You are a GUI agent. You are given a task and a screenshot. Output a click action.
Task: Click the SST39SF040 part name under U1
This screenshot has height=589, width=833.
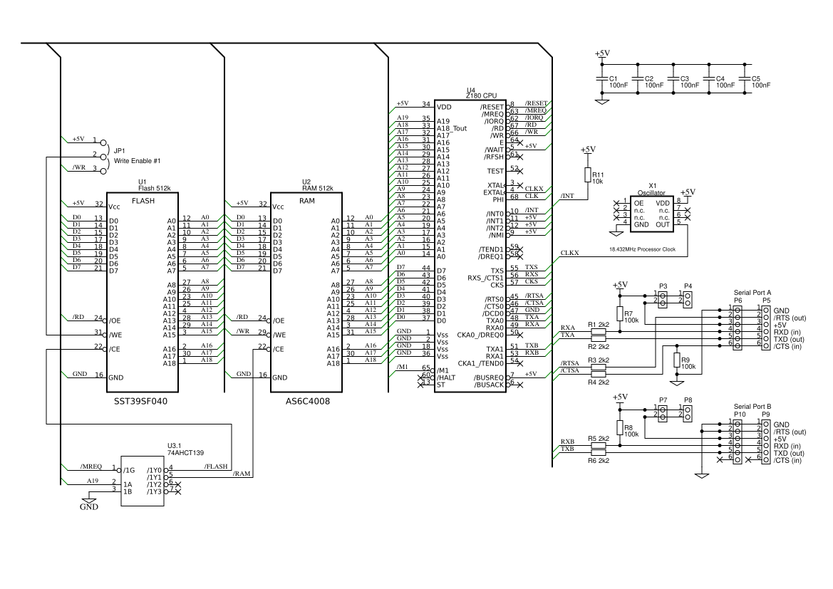[x=141, y=401]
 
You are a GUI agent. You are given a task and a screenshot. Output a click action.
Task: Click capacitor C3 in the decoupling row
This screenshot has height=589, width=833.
[x=673, y=81]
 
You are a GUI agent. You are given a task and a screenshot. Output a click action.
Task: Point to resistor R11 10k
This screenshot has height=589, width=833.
[x=587, y=176]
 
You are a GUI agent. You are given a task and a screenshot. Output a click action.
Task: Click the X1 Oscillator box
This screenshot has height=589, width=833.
[x=652, y=212]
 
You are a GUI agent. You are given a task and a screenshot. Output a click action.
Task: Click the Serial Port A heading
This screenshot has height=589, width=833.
[x=752, y=292]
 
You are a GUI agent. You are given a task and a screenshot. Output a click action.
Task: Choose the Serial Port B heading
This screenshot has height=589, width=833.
[x=752, y=405]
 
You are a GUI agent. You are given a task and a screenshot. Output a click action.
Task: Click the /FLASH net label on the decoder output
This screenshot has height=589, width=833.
[x=216, y=466]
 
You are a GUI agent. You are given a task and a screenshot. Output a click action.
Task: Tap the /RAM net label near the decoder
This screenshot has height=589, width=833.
[x=242, y=474]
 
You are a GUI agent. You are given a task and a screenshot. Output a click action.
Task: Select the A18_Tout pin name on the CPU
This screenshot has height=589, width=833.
[x=452, y=128]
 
